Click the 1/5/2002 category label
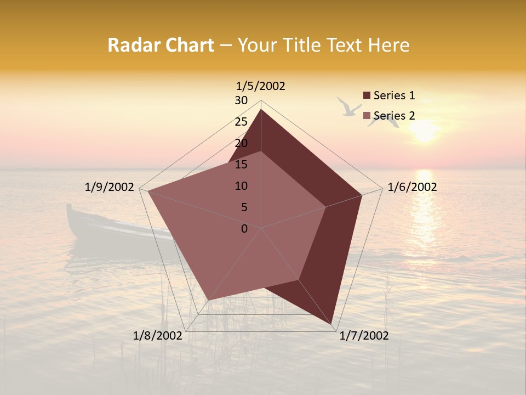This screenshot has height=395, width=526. [x=260, y=86]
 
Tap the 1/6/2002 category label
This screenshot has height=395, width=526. [x=412, y=187]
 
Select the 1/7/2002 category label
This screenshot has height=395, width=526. [x=364, y=336]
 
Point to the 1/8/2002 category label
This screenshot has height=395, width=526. [x=157, y=336]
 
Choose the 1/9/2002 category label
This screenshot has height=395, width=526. [x=110, y=187]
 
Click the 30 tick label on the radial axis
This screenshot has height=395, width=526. [x=241, y=100]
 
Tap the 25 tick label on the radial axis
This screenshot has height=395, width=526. [x=241, y=122]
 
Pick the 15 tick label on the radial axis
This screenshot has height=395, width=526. [x=241, y=165]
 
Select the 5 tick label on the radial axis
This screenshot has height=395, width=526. [x=244, y=207]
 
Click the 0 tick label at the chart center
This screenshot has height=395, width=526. [x=244, y=229]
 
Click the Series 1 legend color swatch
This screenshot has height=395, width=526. [x=367, y=96]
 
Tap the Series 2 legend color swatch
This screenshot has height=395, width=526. [x=367, y=116]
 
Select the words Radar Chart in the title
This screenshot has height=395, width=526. [x=161, y=45]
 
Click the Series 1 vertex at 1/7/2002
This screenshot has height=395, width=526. [x=332, y=325]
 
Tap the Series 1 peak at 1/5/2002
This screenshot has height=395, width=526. [x=261, y=110]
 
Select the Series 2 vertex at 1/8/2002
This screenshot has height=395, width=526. [x=208, y=300]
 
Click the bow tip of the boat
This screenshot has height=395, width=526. [x=69, y=206]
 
